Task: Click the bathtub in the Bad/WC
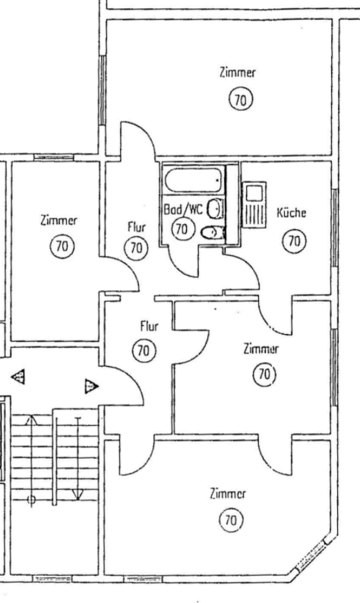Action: click(194, 179)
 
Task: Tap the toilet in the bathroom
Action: click(213, 232)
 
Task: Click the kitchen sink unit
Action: click(254, 204)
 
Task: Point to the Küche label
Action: click(292, 213)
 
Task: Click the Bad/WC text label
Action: click(183, 210)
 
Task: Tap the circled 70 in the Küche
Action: click(295, 241)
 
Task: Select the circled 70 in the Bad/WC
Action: click(182, 229)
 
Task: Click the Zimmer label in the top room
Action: click(238, 72)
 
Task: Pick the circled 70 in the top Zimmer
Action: click(241, 100)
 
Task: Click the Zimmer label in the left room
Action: click(58, 220)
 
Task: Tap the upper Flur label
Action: click(137, 227)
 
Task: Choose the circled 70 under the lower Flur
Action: click(144, 351)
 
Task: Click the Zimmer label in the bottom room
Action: click(228, 494)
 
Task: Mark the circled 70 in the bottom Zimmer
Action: click(231, 520)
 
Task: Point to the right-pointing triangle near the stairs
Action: click(91, 386)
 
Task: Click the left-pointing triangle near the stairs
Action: click(18, 377)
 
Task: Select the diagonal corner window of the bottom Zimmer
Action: click(312, 554)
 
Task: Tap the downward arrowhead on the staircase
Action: click(77, 496)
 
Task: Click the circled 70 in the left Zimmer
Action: click(62, 246)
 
